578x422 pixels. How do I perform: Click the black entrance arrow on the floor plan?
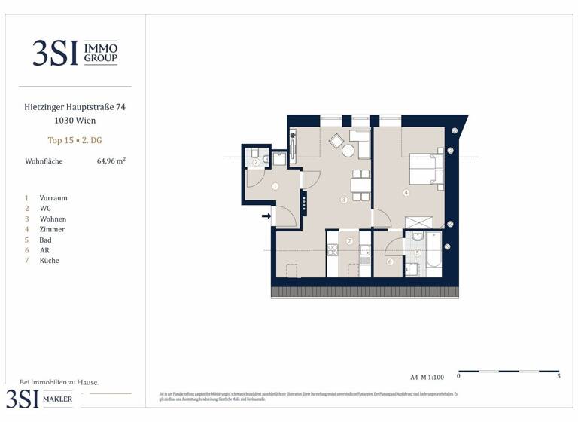click(x=266, y=217)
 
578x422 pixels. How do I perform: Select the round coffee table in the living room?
click(x=348, y=151)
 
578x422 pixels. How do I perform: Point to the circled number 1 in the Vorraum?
click(x=275, y=186)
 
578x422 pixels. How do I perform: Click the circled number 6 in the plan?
click(x=390, y=262)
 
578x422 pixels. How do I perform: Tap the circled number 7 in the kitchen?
click(x=349, y=241)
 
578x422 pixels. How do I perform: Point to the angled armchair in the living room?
click(x=336, y=140)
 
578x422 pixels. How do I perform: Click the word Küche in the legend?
click(x=50, y=261)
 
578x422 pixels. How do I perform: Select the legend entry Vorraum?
click(x=53, y=198)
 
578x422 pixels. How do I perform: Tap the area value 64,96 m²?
click(x=111, y=161)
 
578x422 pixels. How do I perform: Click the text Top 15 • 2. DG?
click(x=75, y=140)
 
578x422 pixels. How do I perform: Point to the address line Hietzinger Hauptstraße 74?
click(x=75, y=108)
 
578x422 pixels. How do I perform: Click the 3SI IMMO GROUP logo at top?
click(x=75, y=52)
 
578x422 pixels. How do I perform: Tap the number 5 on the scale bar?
click(x=558, y=376)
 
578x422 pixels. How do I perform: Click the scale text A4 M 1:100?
click(x=427, y=375)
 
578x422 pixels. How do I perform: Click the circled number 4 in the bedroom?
click(x=406, y=193)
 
